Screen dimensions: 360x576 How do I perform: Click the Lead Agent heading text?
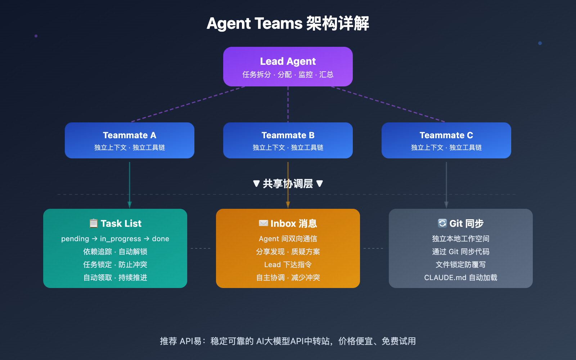pyautogui.click(x=288, y=61)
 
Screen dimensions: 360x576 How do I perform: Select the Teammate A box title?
pyautogui.click(x=129, y=135)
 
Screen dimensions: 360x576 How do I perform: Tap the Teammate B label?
pyautogui.click(x=288, y=135)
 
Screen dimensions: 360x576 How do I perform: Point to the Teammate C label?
pyautogui.click(x=446, y=135)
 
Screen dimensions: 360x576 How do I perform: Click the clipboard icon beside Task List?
pyautogui.click(x=94, y=223)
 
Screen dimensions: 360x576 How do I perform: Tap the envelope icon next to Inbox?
pyautogui.click(x=263, y=223)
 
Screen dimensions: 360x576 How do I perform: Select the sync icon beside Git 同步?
pyautogui.click(x=442, y=223)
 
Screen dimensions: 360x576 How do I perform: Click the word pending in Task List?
pyautogui.click(x=75, y=239)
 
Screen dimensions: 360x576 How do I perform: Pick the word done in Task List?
pyautogui.click(x=161, y=239)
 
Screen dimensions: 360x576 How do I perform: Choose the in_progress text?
pyautogui.click(x=120, y=239)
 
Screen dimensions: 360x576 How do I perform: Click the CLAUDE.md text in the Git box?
pyautogui.click(x=445, y=278)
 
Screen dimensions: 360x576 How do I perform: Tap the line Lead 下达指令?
pyautogui.click(x=288, y=265)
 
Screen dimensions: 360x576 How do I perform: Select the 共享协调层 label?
pyautogui.click(x=288, y=184)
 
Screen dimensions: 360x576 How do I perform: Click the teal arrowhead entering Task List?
pyautogui.click(x=130, y=205)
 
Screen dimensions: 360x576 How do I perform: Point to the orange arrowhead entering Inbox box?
pyautogui.click(x=288, y=205)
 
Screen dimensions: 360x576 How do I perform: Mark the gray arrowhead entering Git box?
pyautogui.click(x=446, y=205)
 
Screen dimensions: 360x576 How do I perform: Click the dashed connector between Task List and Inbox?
pyautogui.click(x=201, y=248)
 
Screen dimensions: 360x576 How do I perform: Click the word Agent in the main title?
pyautogui.click(x=228, y=24)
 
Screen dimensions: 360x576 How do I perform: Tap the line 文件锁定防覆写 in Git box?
pyautogui.click(x=460, y=265)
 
